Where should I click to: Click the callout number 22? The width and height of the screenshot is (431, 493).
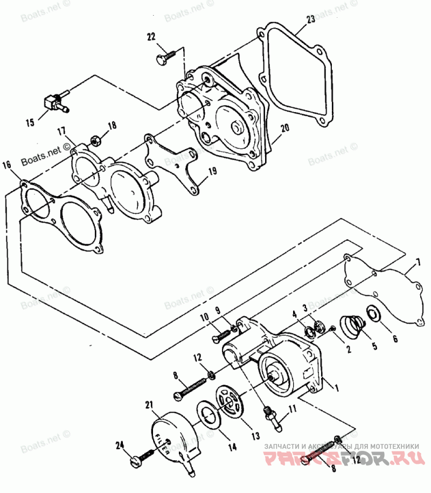tap(151, 37)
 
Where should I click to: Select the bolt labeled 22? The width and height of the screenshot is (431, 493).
tap(165, 57)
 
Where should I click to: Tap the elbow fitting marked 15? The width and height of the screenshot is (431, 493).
tap(54, 102)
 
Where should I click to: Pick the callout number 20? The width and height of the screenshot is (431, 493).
tap(284, 129)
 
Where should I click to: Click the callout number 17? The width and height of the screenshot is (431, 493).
tap(62, 131)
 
